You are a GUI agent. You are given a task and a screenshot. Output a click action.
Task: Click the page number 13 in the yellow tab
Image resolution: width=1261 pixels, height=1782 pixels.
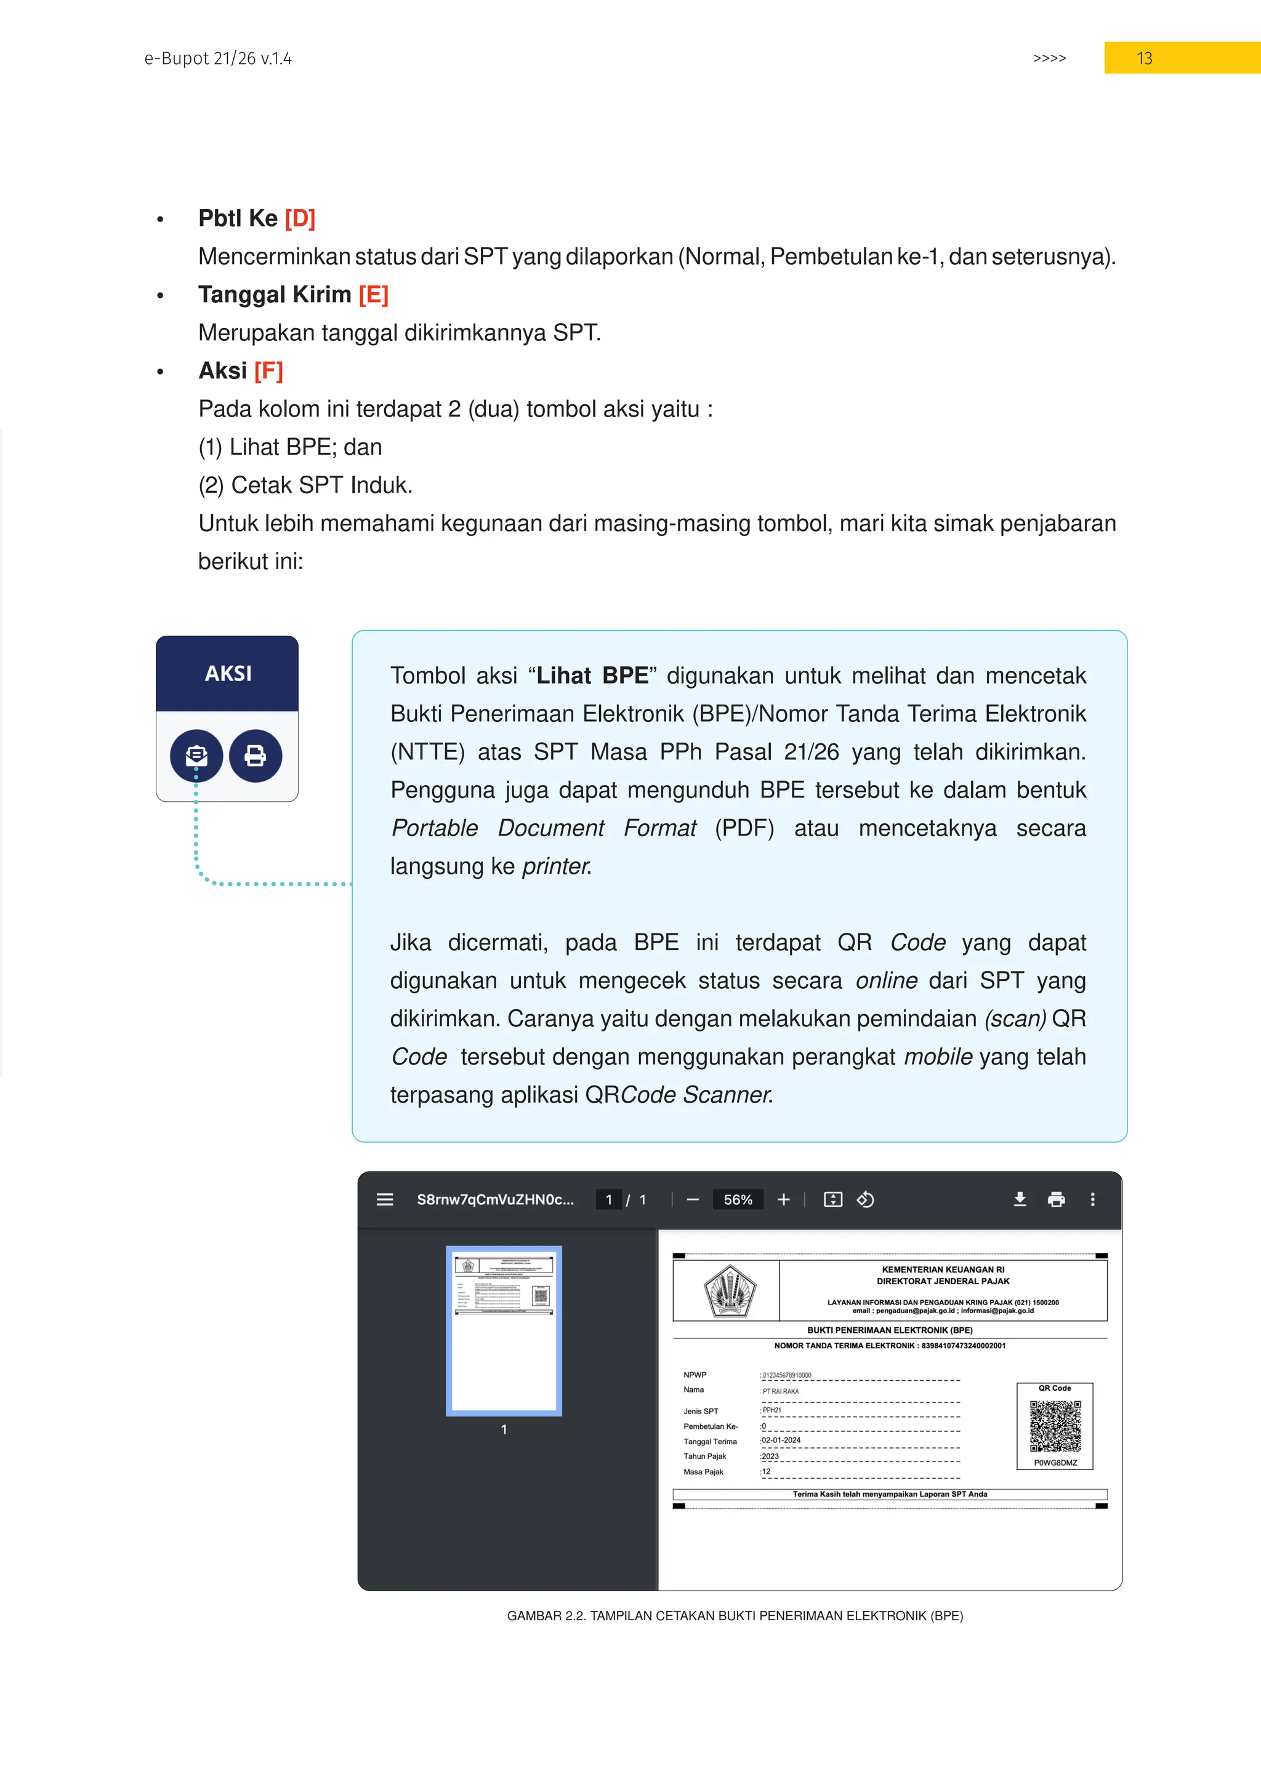point(1144,58)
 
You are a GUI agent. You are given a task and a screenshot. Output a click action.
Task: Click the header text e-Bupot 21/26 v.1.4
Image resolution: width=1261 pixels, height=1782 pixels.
point(218,58)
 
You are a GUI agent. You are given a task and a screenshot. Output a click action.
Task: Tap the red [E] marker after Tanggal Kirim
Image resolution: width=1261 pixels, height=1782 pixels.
point(374,294)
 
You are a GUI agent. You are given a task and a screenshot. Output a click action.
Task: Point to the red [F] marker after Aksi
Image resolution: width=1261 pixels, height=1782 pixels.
point(268,370)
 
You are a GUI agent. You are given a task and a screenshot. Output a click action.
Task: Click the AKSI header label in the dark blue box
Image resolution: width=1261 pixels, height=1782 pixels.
point(227,673)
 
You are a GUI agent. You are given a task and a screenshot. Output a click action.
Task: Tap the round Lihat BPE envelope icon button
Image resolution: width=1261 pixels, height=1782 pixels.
point(196,755)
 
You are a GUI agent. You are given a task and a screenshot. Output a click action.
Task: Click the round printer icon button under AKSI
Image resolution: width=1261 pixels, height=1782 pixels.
point(256,755)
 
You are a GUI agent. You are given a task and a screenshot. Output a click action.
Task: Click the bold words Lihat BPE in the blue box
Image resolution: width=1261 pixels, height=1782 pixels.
point(592,675)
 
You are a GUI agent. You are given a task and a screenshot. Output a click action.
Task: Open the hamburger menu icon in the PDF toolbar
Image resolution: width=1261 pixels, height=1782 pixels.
point(384,1199)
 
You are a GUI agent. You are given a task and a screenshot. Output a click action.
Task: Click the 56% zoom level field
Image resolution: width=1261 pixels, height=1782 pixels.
point(738,1199)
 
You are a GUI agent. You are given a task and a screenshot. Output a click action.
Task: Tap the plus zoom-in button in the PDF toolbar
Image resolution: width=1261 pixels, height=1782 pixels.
point(783,1199)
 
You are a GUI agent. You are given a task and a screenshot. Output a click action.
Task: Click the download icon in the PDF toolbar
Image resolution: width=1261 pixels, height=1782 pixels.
point(1020,1199)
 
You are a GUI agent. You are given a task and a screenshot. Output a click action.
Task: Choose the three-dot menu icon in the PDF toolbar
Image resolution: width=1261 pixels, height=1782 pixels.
point(1092,1199)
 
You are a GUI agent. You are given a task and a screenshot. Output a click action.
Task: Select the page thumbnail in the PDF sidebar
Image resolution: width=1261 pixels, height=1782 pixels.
point(503,1330)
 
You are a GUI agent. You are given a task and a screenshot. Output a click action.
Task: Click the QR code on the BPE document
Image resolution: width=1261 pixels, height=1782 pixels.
point(1055,1425)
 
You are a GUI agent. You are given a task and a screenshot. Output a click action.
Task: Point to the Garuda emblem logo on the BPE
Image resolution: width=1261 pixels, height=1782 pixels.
point(729,1290)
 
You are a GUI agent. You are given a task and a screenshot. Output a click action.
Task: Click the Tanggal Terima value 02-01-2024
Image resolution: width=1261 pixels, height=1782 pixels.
point(781,1440)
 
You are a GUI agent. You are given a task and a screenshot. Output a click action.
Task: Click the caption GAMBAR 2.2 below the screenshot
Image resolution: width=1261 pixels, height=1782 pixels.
point(735,1615)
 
